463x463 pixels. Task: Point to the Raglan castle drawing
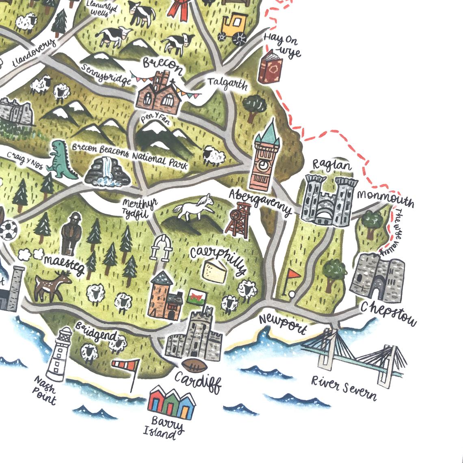click(x=329, y=201)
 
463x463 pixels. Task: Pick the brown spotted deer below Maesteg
click(x=52, y=284)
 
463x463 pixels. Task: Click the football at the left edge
click(x=7, y=230)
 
